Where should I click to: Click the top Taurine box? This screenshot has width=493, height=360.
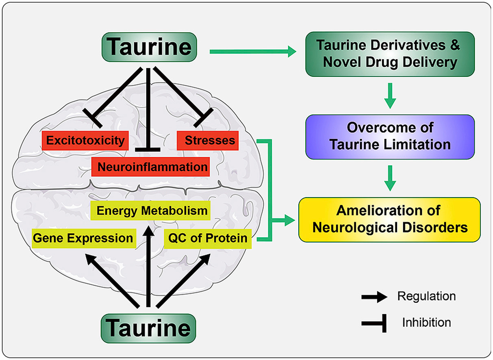click(149, 47)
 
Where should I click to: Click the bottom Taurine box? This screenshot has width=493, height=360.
click(148, 328)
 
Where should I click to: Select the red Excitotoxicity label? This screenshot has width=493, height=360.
click(85, 141)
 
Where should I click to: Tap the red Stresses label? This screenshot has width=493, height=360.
click(208, 141)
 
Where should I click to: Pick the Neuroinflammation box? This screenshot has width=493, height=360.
click(150, 167)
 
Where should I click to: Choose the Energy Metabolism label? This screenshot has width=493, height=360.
click(150, 210)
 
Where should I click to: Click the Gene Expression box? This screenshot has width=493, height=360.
click(84, 239)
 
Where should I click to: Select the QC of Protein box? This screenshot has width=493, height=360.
click(208, 239)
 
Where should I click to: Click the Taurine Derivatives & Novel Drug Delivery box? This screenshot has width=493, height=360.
click(390, 54)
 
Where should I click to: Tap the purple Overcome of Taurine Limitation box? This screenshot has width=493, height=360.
click(390, 137)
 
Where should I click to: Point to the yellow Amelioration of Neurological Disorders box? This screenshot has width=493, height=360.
click(389, 220)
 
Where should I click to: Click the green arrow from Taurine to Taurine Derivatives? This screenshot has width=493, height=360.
click(253, 52)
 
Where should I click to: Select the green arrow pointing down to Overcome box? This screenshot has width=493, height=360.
click(390, 96)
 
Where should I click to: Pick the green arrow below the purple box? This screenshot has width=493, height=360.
click(390, 178)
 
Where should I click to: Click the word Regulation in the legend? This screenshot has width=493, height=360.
click(426, 296)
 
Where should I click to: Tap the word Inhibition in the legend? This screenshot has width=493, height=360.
click(426, 323)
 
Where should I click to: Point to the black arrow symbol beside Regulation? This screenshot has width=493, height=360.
click(374, 297)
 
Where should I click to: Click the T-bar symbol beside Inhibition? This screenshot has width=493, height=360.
click(374, 323)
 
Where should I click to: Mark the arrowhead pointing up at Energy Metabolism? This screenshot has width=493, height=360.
click(149, 232)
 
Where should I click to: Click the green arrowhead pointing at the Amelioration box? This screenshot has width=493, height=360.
click(290, 220)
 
